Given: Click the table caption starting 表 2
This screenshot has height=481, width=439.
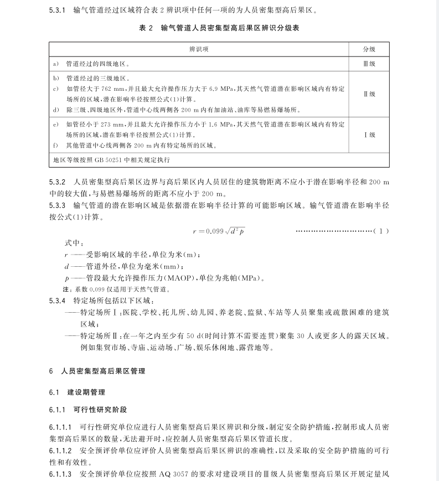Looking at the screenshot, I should point(219,28).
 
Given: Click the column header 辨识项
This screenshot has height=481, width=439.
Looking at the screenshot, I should point(199,49).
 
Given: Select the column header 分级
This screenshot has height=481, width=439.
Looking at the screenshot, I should point(369,49).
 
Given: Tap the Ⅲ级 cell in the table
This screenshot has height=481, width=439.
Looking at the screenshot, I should point(369,64).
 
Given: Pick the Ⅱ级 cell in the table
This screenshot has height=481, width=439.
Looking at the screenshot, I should point(369,94).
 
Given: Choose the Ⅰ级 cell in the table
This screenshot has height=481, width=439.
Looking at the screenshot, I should point(369,135).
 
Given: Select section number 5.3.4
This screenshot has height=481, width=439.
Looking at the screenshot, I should point(58,301).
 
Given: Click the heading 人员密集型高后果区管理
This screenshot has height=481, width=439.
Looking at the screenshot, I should point(104,371).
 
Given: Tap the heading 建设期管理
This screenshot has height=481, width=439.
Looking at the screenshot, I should point(86,392).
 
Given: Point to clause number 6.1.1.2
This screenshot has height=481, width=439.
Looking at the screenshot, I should point(61,451).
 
